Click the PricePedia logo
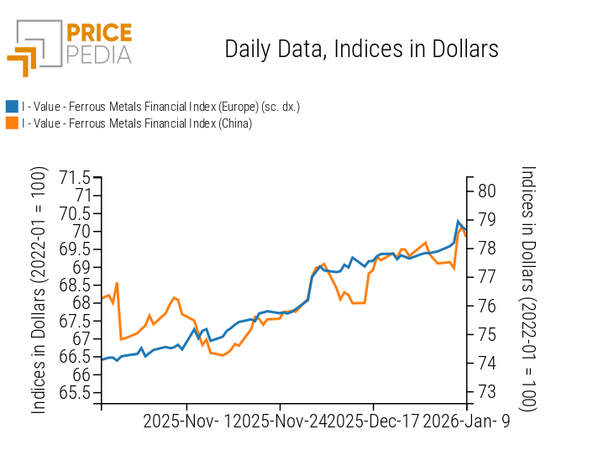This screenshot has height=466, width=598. click(70, 48)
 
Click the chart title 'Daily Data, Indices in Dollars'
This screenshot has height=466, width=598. click(361, 49)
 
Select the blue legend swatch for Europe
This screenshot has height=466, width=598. click(12, 107)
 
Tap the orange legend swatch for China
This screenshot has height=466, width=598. click(12, 123)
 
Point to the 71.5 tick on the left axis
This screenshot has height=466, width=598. click(76, 178)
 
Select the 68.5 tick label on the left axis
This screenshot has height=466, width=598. click(76, 285)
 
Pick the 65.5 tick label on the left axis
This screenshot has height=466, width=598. click(76, 393)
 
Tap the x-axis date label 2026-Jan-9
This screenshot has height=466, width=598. click(465, 421)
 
